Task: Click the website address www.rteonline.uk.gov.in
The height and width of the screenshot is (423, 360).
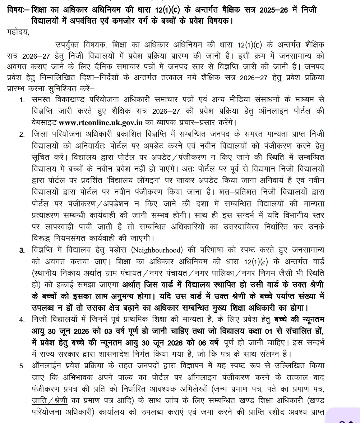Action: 101,122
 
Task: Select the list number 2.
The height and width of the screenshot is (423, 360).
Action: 22,135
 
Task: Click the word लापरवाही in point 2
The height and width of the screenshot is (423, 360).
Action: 60,227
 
